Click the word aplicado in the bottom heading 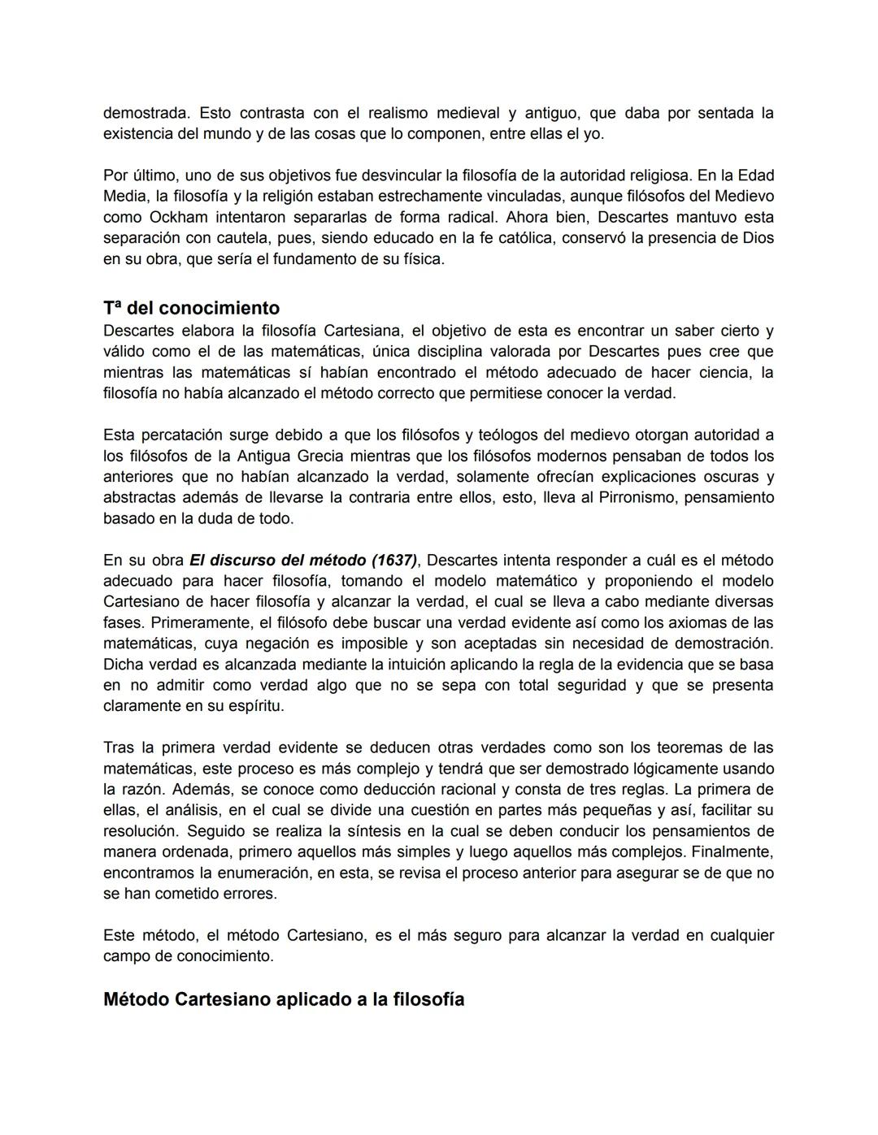[314, 999]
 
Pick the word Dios [758, 238]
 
